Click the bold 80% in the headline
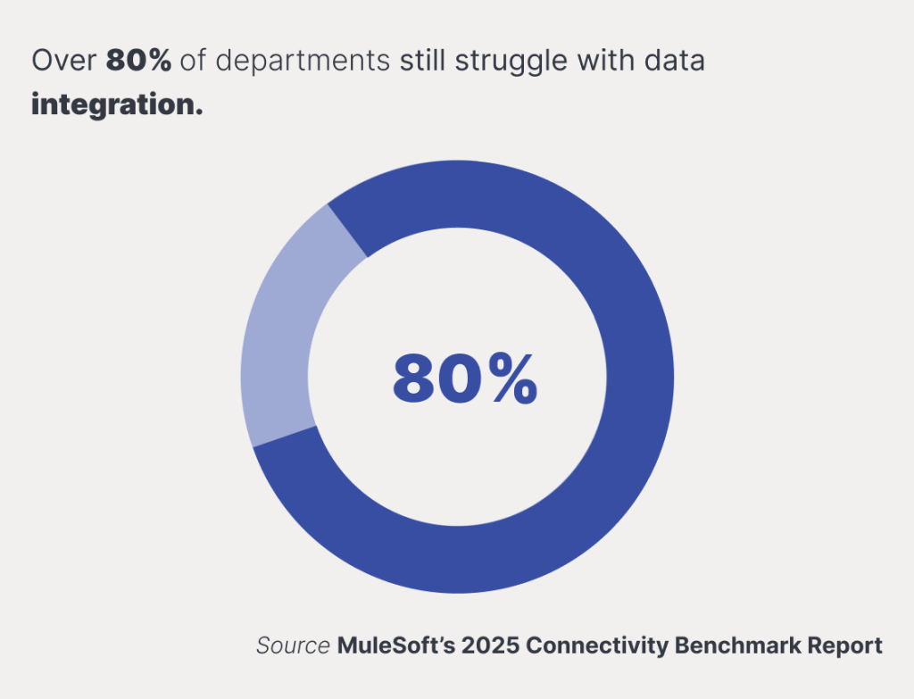click(x=138, y=60)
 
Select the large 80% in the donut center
click(x=465, y=379)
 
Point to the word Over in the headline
click(x=63, y=61)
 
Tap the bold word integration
click(x=117, y=105)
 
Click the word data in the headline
click(x=675, y=61)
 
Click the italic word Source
click(x=293, y=646)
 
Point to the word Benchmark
click(x=737, y=646)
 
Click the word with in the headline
click(x=606, y=60)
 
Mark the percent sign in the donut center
click(x=513, y=379)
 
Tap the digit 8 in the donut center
click(x=415, y=379)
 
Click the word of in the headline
click(x=193, y=60)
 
